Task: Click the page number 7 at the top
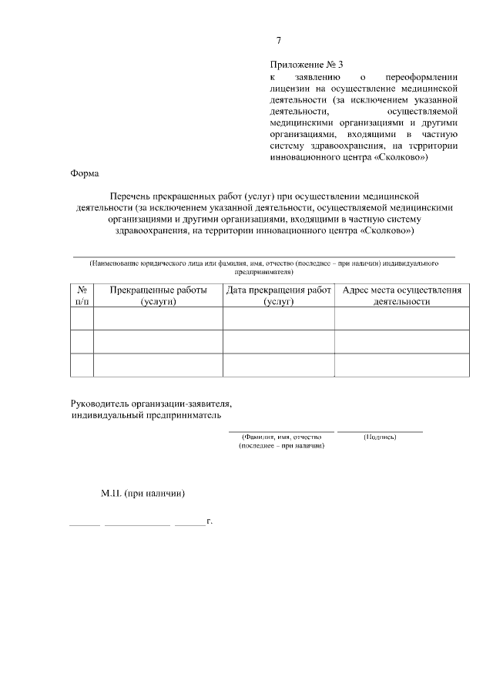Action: [279, 41]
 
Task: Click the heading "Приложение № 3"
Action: [306, 66]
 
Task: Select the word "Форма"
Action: [83, 173]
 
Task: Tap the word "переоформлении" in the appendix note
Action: [422, 78]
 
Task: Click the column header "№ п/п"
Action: [82, 296]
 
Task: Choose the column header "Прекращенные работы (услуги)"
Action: [159, 296]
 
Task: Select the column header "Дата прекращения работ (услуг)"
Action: [279, 296]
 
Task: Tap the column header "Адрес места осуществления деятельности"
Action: [401, 296]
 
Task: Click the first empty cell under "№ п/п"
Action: [82, 319]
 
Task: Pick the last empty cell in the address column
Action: [401, 365]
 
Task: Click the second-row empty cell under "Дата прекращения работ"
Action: [279, 342]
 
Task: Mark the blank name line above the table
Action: [263, 255]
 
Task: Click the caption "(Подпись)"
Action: [380, 437]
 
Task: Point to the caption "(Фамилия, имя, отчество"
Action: [281, 437]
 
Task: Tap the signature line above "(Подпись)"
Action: [380, 431]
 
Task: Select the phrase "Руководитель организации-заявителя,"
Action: [151, 403]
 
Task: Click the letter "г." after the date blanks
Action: [209, 521]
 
